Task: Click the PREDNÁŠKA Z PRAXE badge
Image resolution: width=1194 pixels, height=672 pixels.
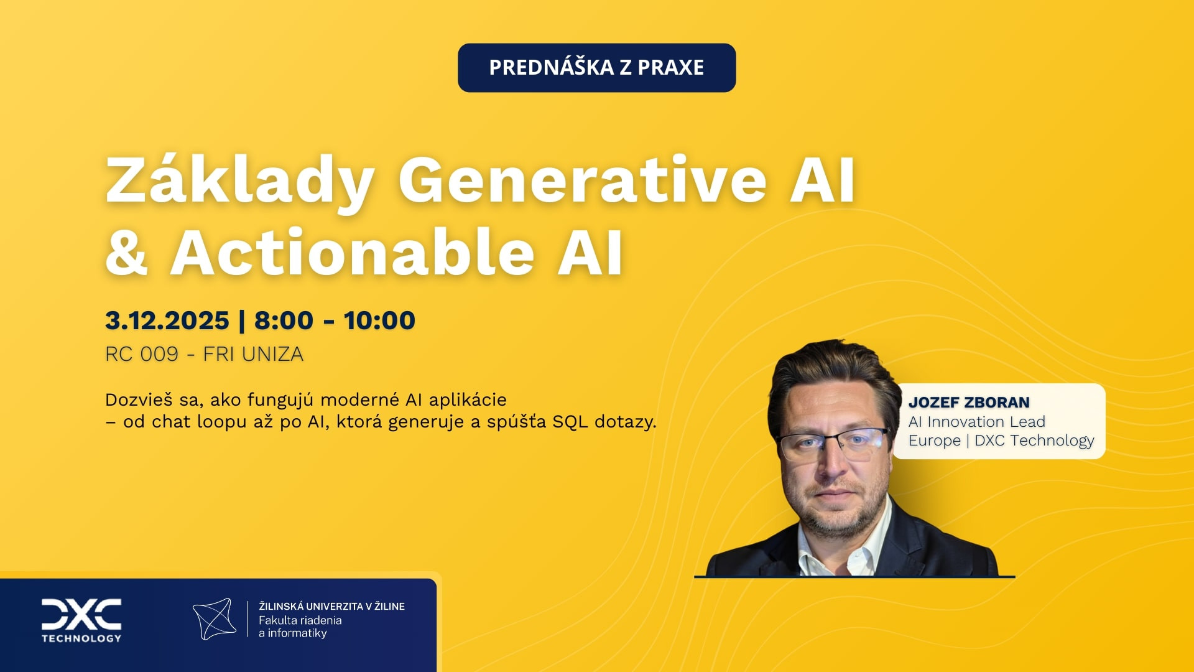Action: pos(596,67)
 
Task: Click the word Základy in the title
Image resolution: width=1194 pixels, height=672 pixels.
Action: pos(240,181)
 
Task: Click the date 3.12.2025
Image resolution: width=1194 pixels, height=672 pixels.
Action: pos(167,320)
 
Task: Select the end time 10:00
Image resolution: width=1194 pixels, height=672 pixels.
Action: pos(379,320)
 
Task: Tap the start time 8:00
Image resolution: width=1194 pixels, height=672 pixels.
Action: pos(284,320)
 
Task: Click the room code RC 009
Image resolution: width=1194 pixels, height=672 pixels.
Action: pos(142,354)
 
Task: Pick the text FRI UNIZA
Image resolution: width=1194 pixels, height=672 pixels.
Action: pos(253,354)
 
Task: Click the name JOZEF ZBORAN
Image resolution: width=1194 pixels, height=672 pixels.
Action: pos(969,403)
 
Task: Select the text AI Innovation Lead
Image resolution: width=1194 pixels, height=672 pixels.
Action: pos(976,422)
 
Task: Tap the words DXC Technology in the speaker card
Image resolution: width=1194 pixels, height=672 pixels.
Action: pos(1034,441)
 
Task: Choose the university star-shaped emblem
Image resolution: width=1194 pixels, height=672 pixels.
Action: pos(215,619)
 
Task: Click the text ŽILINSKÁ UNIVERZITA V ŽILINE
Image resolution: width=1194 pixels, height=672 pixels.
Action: pos(331,606)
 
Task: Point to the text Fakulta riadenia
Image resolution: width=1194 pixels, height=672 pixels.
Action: pos(300,620)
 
